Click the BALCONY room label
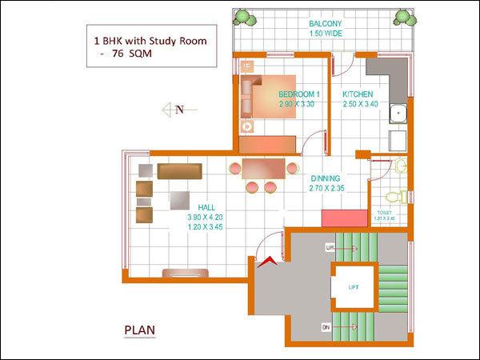coord(326,24)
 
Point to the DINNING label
coord(326,178)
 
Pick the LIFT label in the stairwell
coord(353,286)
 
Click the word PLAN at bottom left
coord(139,329)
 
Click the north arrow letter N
coord(180,110)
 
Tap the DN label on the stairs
coord(325,326)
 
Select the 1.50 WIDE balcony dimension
coord(326,34)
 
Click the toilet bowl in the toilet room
coord(393,195)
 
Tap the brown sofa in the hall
coord(180,170)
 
